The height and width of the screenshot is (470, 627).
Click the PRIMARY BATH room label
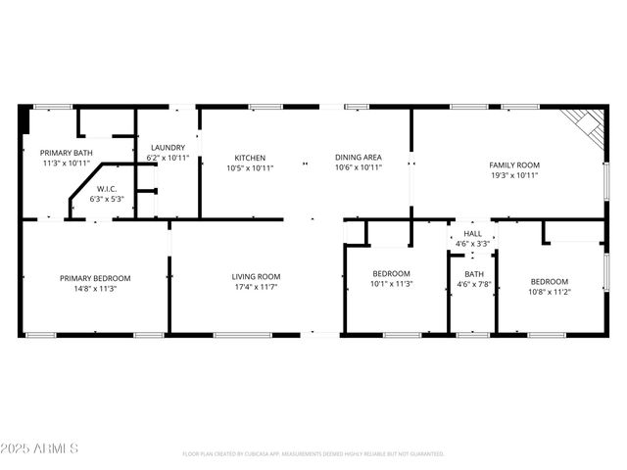[x=67, y=153]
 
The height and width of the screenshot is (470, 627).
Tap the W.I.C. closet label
[x=107, y=188]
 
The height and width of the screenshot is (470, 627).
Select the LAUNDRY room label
[x=167, y=148]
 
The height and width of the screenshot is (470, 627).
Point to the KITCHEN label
[x=250, y=158]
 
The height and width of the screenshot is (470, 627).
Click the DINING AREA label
[x=358, y=158]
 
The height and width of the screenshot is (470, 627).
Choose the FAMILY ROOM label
[x=514, y=165]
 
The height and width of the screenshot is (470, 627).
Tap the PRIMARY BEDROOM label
[x=94, y=278]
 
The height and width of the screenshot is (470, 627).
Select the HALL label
[x=473, y=234]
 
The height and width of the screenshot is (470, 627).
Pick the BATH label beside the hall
[x=474, y=274]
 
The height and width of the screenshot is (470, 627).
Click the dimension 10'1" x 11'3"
[x=392, y=284]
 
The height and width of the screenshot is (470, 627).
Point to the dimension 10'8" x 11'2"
[x=550, y=291]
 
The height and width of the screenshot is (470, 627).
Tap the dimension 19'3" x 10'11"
[x=514, y=175]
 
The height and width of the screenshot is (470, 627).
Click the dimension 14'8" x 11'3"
[x=94, y=288]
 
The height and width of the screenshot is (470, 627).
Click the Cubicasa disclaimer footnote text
[x=313, y=453]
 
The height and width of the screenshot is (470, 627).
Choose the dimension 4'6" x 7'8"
[x=474, y=284]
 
